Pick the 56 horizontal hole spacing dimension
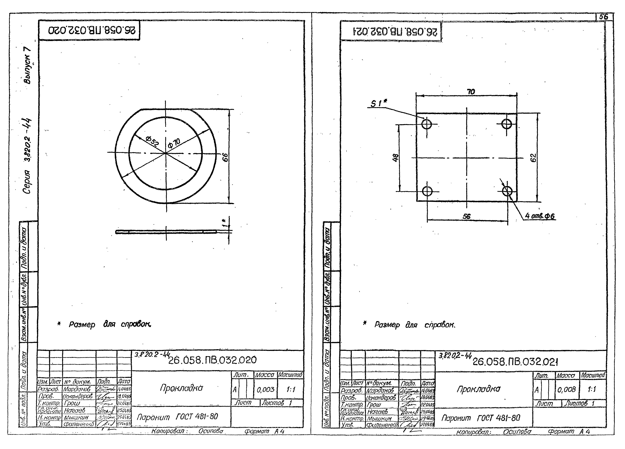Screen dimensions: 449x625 point(467,217)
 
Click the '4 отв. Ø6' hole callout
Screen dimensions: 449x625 point(540,216)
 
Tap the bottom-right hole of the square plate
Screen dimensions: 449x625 point(507,191)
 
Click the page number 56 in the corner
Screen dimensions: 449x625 point(603,17)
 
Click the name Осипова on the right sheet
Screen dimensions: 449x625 point(517,432)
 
